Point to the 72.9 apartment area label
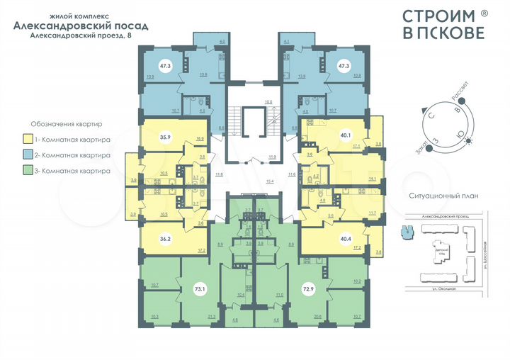click(x=310, y=290)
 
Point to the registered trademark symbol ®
click(x=484, y=12)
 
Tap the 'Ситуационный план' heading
click(x=440, y=196)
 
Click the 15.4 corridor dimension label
click(x=268, y=181)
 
